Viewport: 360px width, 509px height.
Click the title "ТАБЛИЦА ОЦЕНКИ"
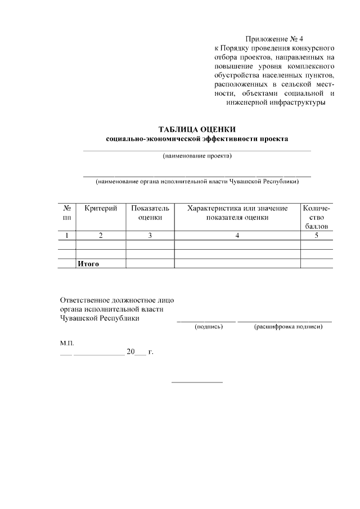[x=197, y=129]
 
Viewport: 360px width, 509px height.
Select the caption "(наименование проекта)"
[x=197, y=156]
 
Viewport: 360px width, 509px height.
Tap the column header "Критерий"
[x=101, y=209]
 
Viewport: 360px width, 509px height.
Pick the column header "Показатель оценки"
[x=150, y=213]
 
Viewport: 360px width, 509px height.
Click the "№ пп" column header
[x=67, y=213]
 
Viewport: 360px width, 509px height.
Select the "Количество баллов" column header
[x=317, y=217]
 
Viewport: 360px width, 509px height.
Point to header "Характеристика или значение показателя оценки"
[x=237, y=213]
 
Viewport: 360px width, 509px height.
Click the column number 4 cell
[x=237, y=236]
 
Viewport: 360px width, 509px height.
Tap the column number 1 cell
[x=67, y=236]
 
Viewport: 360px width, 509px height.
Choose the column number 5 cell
[x=317, y=236]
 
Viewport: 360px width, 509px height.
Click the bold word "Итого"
[x=88, y=263]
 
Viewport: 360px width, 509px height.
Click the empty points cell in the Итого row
[x=317, y=263]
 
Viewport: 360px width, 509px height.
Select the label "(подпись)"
[x=209, y=326]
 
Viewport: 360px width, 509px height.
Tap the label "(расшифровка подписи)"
[x=288, y=326]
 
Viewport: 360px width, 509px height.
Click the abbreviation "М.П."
[x=67, y=342]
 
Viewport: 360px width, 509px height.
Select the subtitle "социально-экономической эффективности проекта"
[x=197, y=139]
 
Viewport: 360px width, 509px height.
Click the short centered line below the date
[x=197, y=382]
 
